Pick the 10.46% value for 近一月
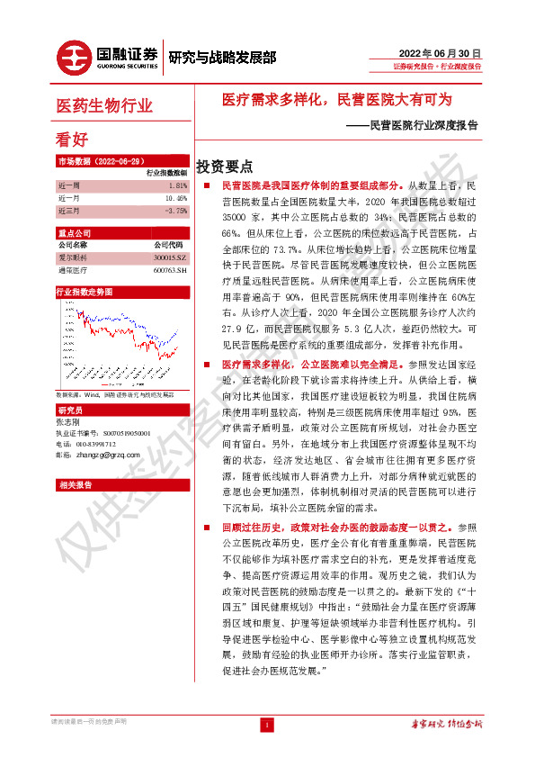coord(175,196)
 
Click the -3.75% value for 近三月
coord(175,210)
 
